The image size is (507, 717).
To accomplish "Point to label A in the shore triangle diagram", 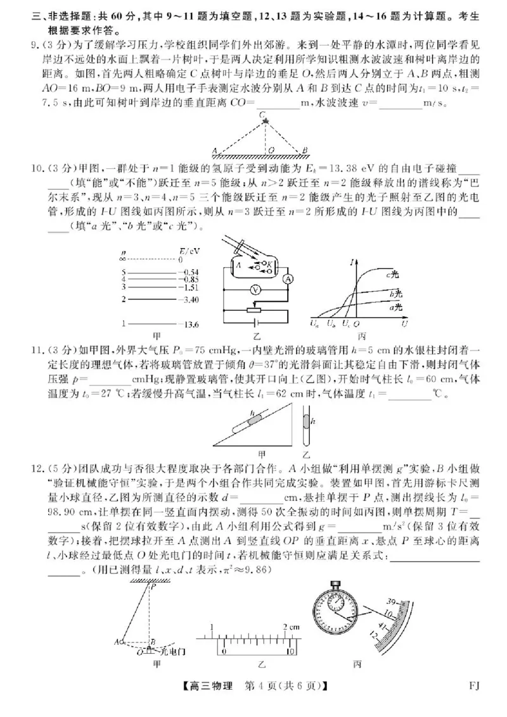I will click(215, 151).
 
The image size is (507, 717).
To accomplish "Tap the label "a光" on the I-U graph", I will click(396, 307).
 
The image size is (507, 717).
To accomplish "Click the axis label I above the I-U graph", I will click(352, 259).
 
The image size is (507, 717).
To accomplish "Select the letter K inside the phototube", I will click(270, 262).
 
